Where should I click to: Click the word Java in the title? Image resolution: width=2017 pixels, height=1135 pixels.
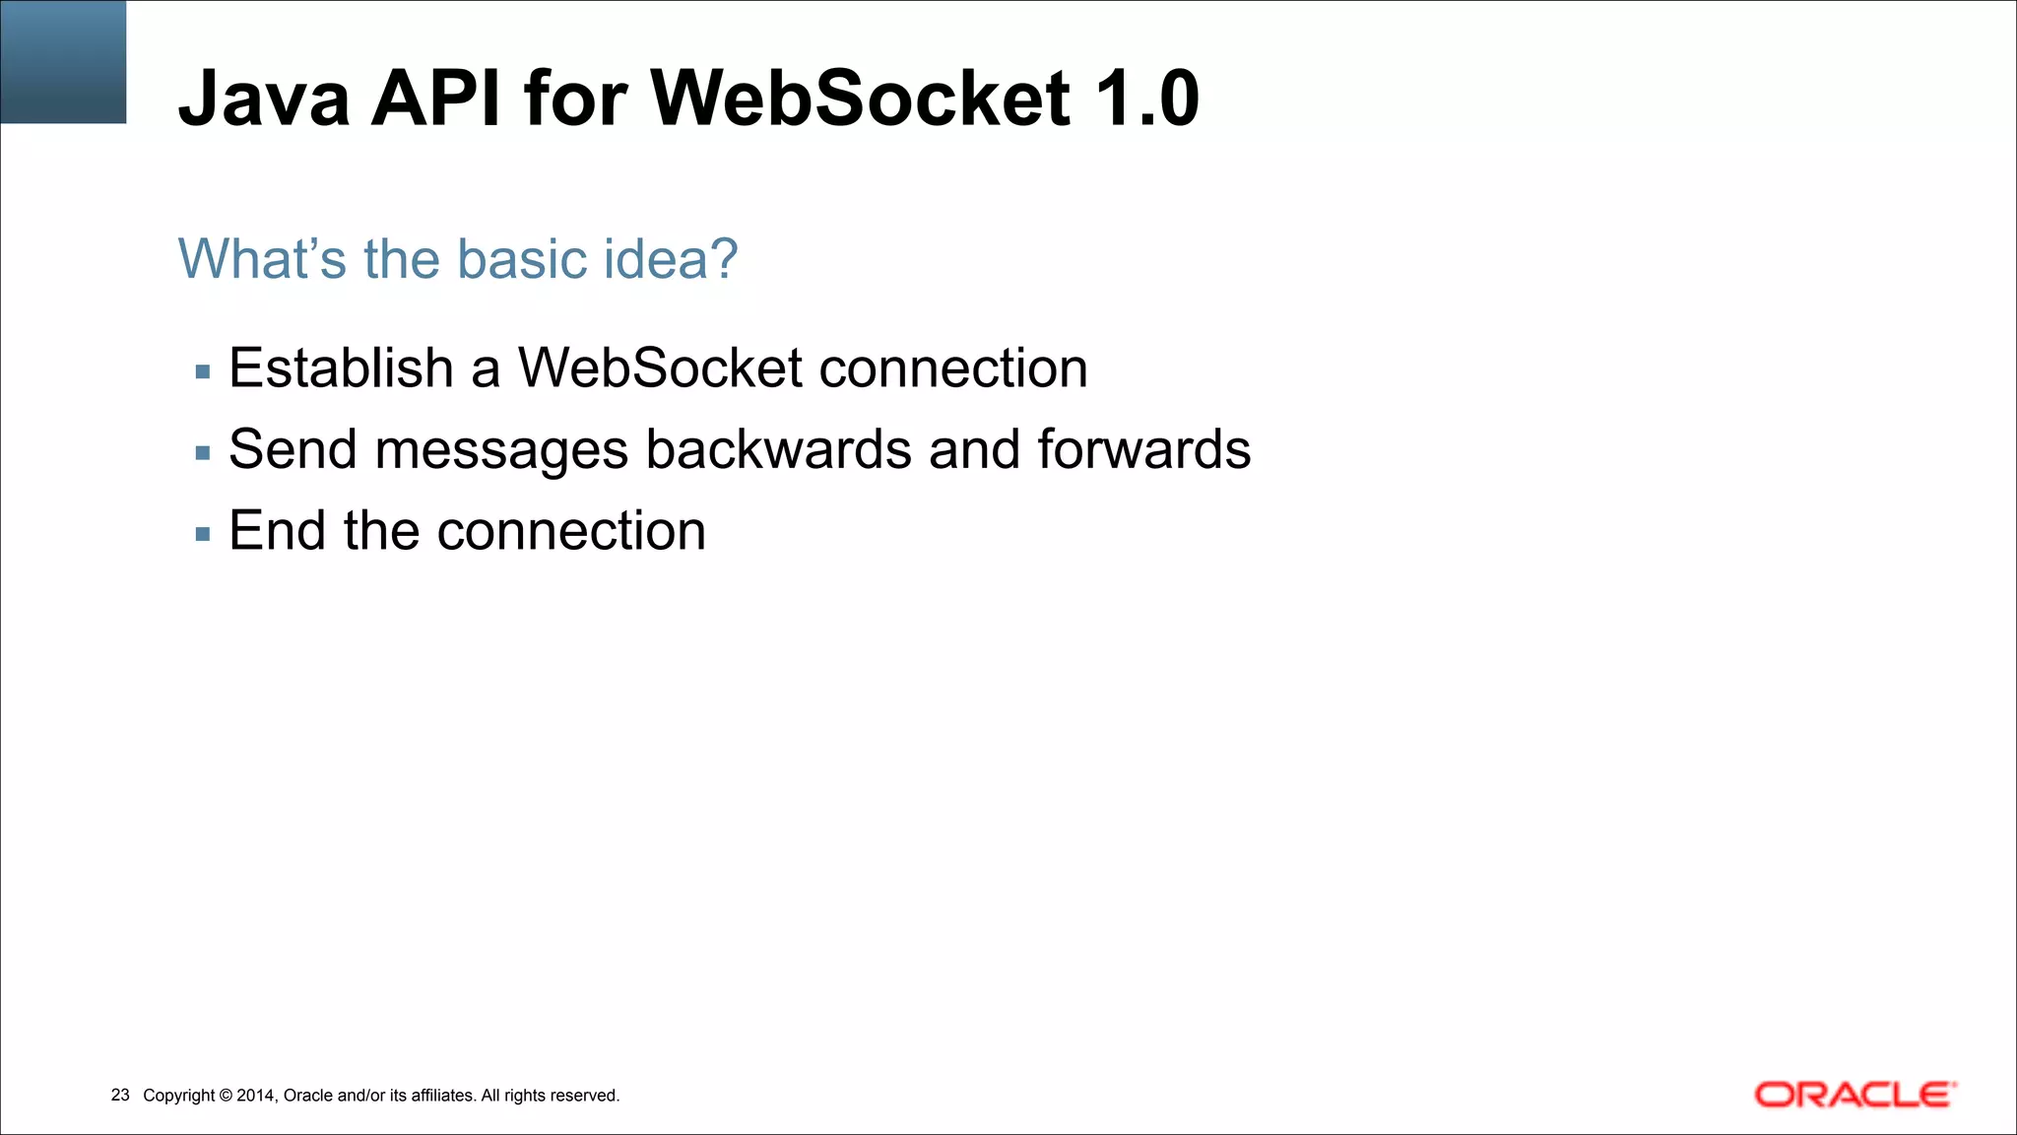tap(264, 99)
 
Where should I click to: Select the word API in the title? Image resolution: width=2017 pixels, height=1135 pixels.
tap(435, 99)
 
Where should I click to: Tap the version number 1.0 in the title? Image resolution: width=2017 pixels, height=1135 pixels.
tap(1146, 99)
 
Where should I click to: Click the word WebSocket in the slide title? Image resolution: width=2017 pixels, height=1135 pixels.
tap(860, 99)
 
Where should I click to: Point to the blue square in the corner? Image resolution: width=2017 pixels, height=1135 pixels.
tap(63, 61)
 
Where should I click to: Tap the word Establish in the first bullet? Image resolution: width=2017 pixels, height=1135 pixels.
tap(341, 368)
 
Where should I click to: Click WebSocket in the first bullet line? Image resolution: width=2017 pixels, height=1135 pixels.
tap(660, 368)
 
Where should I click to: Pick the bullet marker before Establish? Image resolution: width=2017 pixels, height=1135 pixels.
tap(203, 372)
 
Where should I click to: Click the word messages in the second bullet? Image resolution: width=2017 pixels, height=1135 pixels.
tap(501, 450)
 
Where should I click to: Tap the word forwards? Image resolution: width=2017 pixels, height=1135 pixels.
tap(1143, 450)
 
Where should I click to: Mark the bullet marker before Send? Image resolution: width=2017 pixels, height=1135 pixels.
tap(203, 453)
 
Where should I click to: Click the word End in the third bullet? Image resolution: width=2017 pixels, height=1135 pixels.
tap(277, 531)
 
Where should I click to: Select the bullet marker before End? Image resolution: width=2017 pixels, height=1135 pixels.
tap(203, 535)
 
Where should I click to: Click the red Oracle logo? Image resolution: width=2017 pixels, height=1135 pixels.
tap(1854, 1095)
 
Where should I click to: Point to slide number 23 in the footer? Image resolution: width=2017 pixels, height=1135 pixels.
tap(120, 1095)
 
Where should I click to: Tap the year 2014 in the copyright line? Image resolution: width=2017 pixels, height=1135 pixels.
tap(256, 1096)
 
